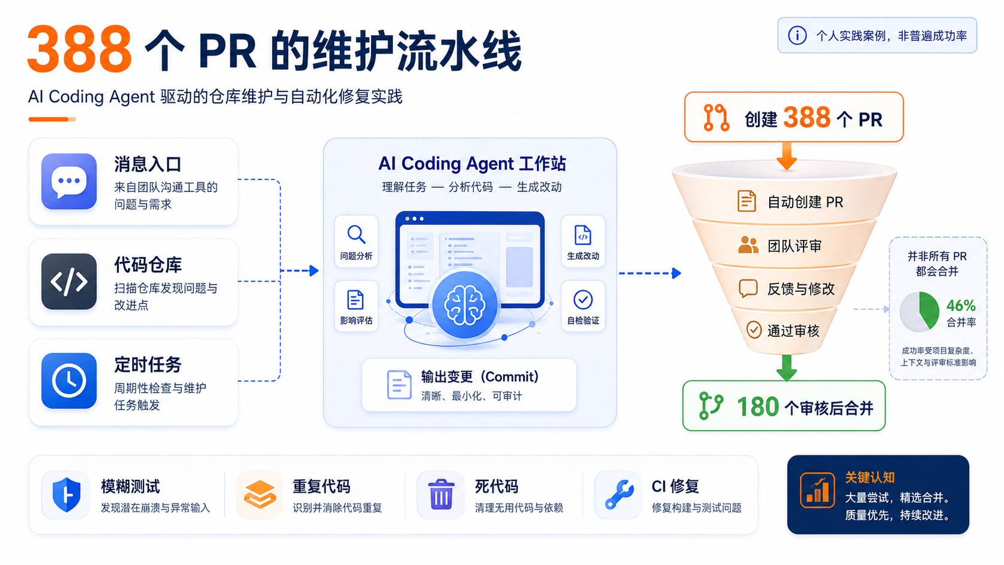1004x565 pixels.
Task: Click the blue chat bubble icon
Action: click(68, 181)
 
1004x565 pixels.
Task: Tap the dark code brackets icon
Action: click(68, 282)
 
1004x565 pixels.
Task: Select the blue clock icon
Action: click(68, 381)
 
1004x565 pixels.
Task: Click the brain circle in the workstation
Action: click(465, 305)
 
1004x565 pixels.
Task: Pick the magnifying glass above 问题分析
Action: click(356, 234)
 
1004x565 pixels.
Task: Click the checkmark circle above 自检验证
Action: click(582, 300)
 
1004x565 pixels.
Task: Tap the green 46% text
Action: click(961, 306)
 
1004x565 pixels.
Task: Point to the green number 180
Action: click(758, 407)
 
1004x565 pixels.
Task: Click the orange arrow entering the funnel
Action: click(786, 156)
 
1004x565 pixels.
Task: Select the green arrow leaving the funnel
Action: click(786, 368)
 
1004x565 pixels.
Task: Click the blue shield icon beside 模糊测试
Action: click(67, 495)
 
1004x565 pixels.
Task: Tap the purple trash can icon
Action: click(441, 494)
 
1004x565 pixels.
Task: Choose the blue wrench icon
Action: click(620, 495)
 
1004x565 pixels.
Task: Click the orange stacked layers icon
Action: click(259, 494)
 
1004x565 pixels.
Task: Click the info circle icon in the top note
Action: click(797, 35)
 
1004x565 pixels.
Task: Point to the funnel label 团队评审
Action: click(794, 246)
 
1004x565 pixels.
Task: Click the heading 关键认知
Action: click(870, 477)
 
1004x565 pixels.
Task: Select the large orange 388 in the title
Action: click(80, 49)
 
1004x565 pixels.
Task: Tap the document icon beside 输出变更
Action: click(399, 384)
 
